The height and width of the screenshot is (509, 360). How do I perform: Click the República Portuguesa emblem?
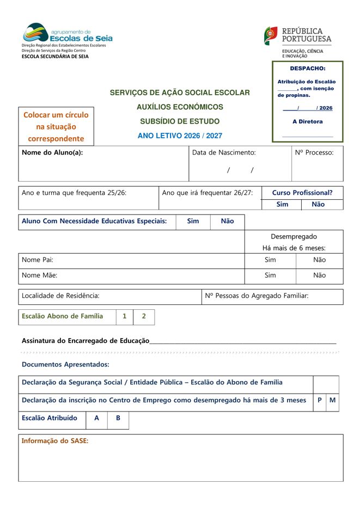click(x=271, y=36)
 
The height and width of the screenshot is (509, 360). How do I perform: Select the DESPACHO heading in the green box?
click(x=307, y=69)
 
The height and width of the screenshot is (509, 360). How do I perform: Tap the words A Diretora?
click(x=307, y=122)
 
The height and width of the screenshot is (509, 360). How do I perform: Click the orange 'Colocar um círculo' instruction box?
click(x=56, y=127)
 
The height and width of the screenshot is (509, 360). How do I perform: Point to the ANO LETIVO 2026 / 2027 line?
click(x=180, y=136)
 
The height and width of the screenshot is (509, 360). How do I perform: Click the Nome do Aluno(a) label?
click(x=52, y=153)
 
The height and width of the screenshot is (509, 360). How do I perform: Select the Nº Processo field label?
click(x=314, y=153)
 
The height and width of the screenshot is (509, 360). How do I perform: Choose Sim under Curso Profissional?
click(x=282, y=205)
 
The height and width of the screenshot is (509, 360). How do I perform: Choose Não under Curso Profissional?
click(x=318, y=205)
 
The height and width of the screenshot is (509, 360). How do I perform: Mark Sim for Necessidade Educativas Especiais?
click(x=193, y=222)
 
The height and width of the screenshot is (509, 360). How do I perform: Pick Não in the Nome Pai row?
click(x=320, y=260)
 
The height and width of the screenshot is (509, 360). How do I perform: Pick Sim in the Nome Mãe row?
click(x=270, y=275)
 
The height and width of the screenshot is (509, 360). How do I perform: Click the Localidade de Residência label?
click(x=60, y=296)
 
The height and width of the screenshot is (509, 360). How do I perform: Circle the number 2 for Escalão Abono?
click(x=144, y=316)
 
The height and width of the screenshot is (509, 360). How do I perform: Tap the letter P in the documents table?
click(x=320, y=401)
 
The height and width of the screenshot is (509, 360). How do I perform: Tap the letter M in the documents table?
click(x=332, y=401)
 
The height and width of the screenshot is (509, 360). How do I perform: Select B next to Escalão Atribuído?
click(x=118, y=419)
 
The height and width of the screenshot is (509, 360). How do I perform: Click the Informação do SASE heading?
click(x=54, y=441)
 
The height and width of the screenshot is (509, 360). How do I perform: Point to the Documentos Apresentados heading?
click(x=65, y=364)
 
